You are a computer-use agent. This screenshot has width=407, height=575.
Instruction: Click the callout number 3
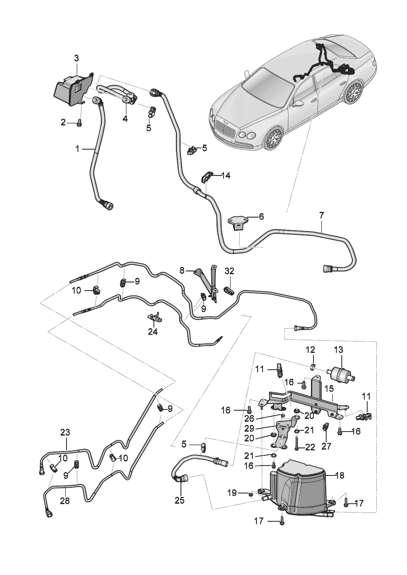point(77,58)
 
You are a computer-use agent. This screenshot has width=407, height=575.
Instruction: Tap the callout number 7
point(321,215)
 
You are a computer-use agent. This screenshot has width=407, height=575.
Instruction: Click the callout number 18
point(340,475)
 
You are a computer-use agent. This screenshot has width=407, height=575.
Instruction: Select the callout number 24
point(153,332)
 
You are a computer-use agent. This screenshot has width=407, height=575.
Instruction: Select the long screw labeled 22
point(297,443)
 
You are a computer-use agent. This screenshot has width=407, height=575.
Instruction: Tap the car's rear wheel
point(354,91)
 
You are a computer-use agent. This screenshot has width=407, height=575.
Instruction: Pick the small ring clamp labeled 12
point(313,367)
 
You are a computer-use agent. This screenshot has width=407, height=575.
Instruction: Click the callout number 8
point(182,270)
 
